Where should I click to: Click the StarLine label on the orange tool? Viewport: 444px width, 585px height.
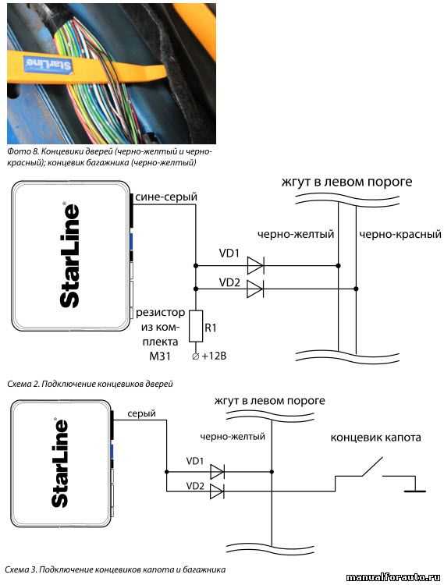coord(48,64)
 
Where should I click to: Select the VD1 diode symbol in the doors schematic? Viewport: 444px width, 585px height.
coord(256,266)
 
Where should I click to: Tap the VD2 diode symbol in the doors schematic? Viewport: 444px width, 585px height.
coord(255,289)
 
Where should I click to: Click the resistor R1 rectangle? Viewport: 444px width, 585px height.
coord(196,326)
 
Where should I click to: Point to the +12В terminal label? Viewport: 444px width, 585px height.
coord(214,356)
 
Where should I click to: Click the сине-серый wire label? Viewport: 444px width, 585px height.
coord(166,197)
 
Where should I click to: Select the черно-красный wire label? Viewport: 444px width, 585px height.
coord(400,234)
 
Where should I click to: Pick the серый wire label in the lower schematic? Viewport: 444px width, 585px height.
coord(141,413)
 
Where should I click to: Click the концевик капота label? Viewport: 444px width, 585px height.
coord(375,438)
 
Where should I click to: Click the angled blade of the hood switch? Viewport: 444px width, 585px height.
coord(372,466)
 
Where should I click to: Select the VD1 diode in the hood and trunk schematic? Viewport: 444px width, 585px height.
coord(217,472)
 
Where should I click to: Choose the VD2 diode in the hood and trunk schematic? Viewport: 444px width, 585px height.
coord(217,491)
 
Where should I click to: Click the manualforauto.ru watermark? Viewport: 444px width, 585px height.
coord(393,577)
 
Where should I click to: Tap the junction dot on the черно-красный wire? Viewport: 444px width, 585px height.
coord(356,289)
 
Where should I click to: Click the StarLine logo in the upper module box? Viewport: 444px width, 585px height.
coord(69,255)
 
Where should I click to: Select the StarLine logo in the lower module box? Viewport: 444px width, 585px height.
coord(60,463)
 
